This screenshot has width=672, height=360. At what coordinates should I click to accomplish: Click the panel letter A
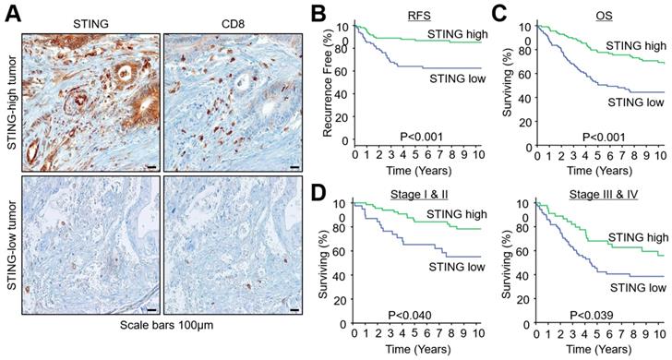coord(8,10)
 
